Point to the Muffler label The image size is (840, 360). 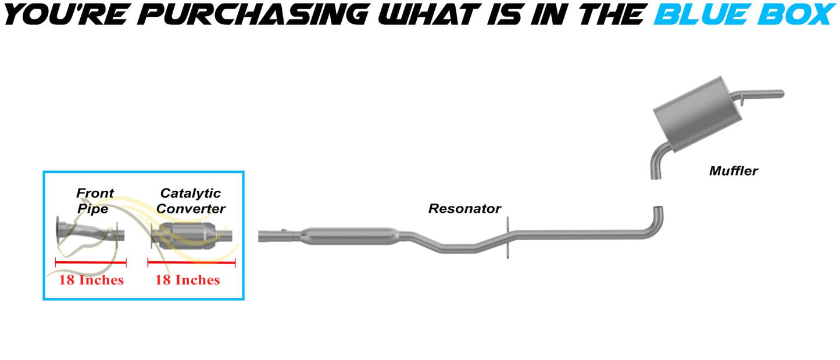734,171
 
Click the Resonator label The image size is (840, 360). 464,209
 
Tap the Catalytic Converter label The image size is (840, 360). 191,201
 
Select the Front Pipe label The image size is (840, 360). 95,201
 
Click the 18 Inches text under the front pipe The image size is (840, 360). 91,280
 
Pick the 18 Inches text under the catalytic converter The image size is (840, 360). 188,280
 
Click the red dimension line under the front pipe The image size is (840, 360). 91,262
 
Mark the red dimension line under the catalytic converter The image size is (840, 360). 192,262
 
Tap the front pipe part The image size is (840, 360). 90,233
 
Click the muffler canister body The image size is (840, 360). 697,114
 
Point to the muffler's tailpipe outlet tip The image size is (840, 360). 781,94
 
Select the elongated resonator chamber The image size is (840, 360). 349,236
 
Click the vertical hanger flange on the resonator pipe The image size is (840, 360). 507,237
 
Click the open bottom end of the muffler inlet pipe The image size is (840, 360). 656,176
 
